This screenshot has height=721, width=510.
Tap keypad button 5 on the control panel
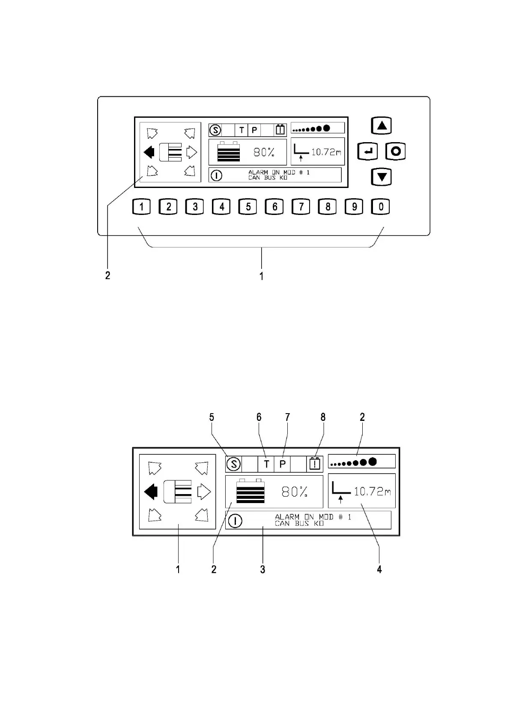click(x=248, y=207)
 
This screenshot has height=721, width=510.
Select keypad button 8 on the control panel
click(x=328, y=207)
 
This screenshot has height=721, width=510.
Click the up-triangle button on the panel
click(x=382, y=126)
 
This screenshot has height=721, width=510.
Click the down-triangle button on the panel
click(x=382, y=176)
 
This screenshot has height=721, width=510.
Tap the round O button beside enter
click(x=396, y=151)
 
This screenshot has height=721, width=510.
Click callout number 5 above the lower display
click(x=212, y=417)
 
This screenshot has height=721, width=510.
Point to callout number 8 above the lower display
click(x=323, y=417)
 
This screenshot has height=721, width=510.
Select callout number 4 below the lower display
click(x=379, y=569)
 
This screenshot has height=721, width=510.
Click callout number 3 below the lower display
click(x=262, y=569)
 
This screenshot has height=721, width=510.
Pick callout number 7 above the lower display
click(x=287, y=417)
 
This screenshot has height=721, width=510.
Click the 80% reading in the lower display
click(x=294, y=492)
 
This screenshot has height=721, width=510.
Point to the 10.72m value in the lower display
click(x=372, y=491)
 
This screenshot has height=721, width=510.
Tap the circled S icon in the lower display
click(x=233, y=464)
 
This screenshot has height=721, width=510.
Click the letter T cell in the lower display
click(x=266, y=464)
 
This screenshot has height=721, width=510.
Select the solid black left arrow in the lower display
click(x=151, y=492)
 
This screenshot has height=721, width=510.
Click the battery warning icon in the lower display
click(x=315, y=464)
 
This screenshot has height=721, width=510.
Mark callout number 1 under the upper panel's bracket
click(x=261, y=276)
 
